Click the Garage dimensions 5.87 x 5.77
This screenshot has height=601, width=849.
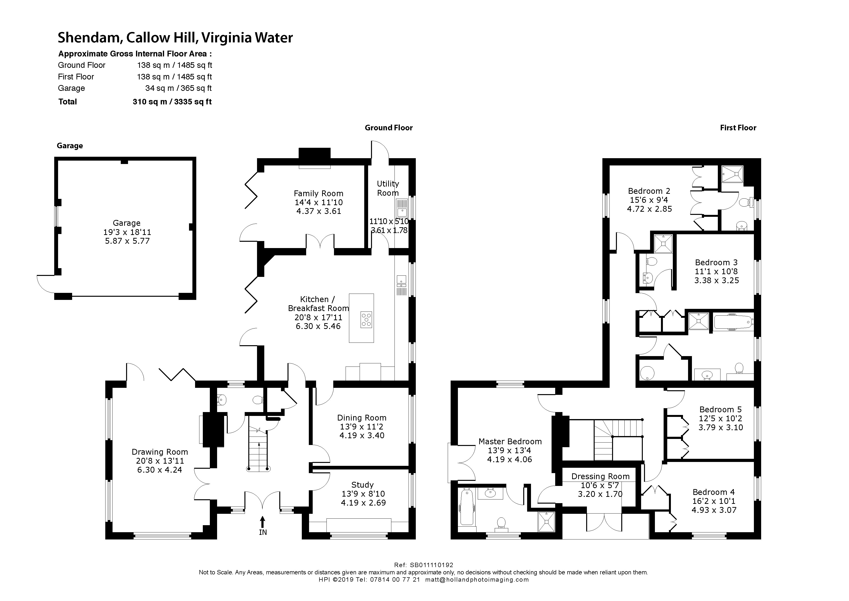[127, 241]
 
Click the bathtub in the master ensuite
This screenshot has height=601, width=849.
[466, 506]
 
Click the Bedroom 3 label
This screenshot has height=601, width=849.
[716, 262]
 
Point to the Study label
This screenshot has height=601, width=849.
[362, 485]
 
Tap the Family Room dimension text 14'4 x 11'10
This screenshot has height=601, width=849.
[318, 203]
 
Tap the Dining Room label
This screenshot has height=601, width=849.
[361, 418]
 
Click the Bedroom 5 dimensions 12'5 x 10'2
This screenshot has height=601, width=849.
[720, 419]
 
